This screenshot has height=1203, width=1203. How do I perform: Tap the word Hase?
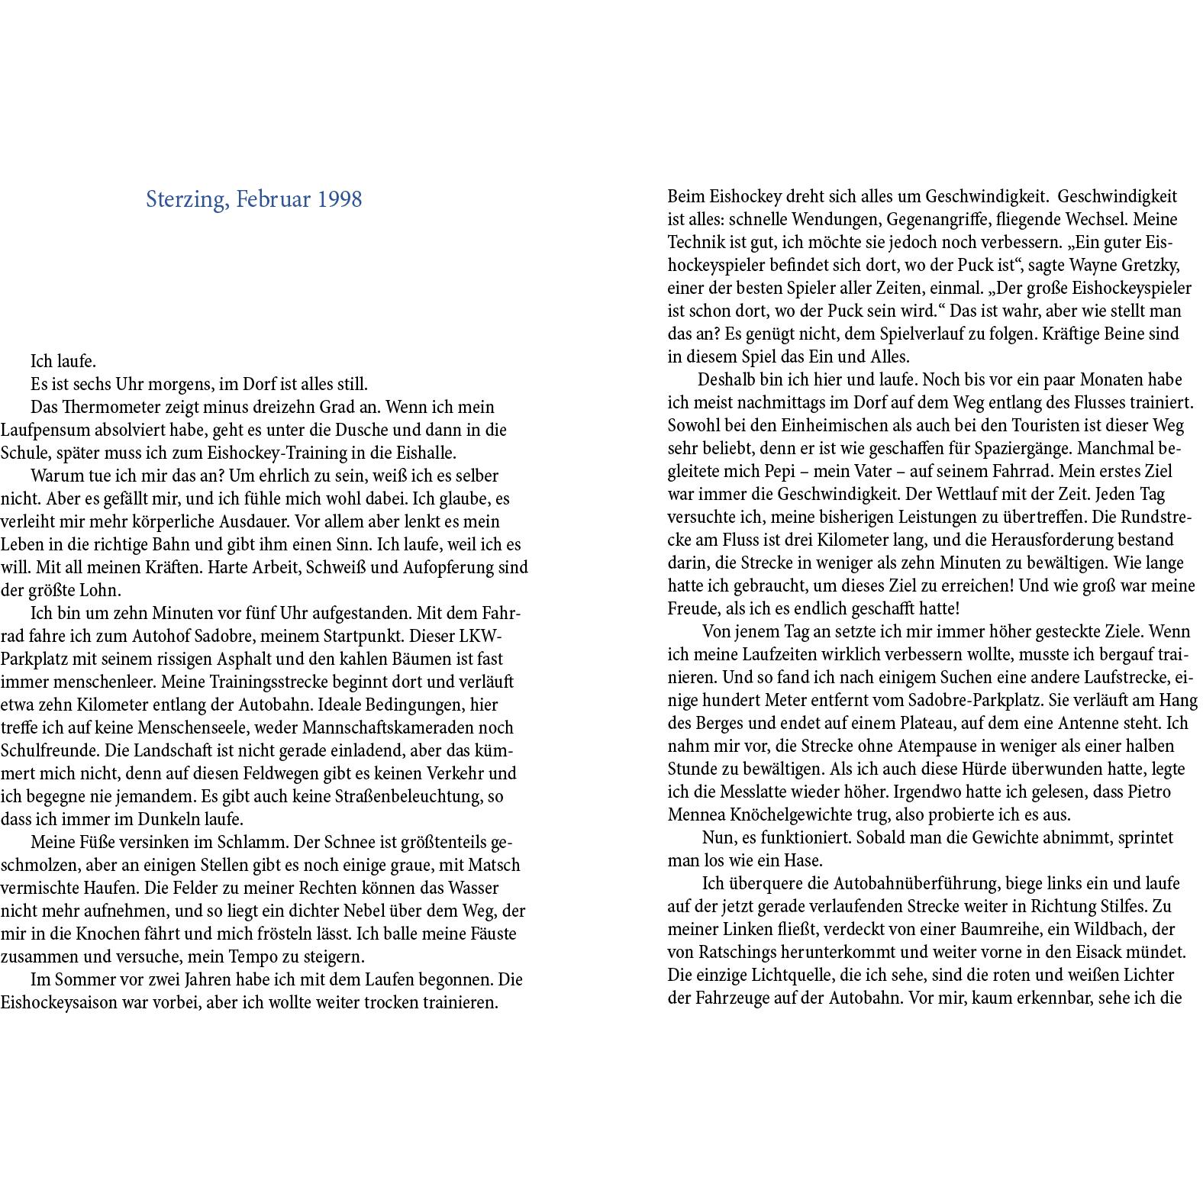click(802, 860)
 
